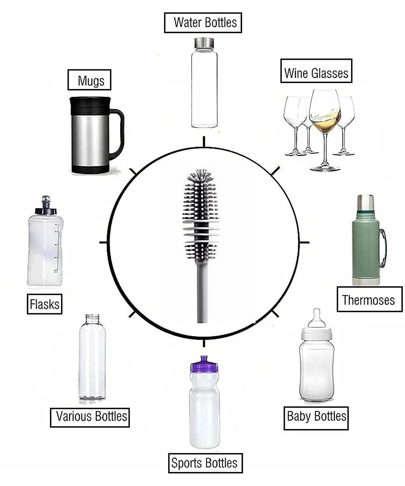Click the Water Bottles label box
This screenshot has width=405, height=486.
click(203, 23)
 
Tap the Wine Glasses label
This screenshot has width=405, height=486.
click(316, 71)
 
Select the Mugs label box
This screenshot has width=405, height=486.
click(89, 80)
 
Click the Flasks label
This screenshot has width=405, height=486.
click(44, 304)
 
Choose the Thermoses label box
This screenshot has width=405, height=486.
click(369, 299)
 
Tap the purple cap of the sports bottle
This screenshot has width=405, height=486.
click(204, 364)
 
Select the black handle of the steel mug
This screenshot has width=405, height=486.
click(119, 133)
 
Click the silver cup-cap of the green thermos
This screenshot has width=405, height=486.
click(365, 202)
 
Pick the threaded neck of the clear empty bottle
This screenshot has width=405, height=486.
click(92, 319)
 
